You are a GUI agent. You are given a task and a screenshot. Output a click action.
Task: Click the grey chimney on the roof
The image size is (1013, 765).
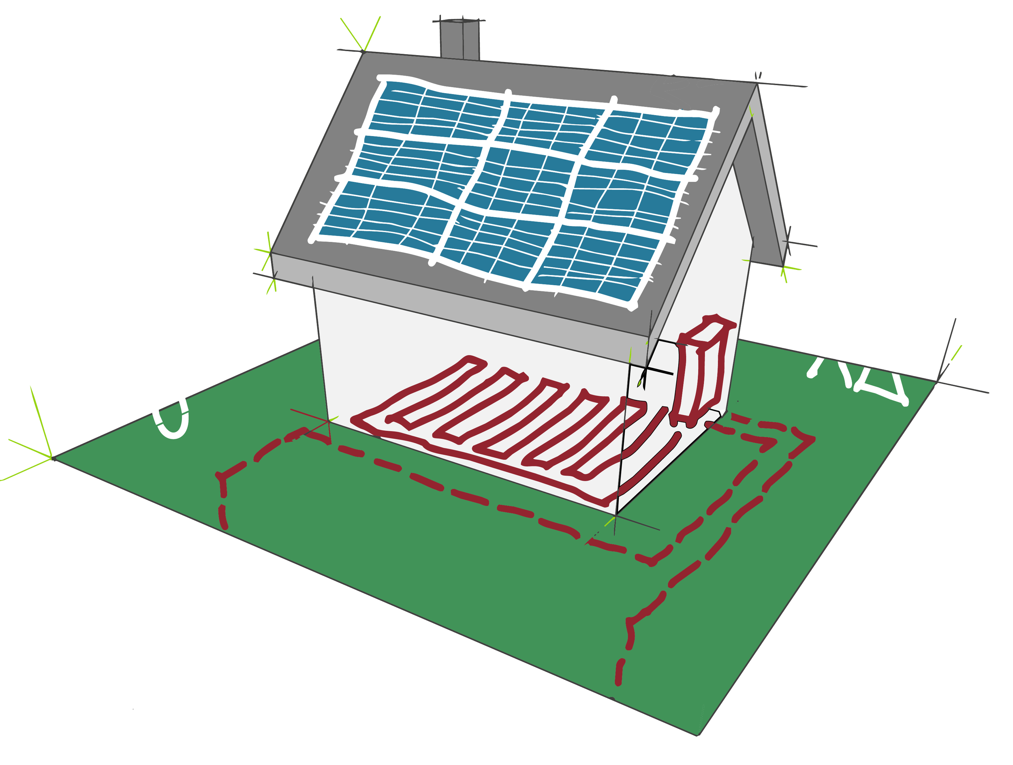point(459,40)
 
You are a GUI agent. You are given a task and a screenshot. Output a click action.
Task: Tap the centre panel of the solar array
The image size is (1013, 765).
point(522,182)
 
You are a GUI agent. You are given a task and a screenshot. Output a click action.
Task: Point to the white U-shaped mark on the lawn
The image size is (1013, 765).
point(172,419)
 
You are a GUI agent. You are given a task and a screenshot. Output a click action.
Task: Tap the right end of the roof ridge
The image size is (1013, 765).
point(757,83)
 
